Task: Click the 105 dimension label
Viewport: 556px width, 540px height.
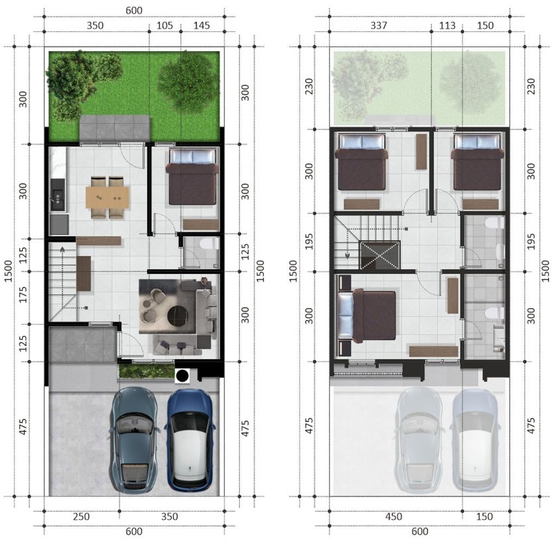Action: click(165, 25)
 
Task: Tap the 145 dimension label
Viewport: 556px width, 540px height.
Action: click(201, 25)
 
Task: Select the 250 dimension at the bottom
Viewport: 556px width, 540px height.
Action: click(81, 517)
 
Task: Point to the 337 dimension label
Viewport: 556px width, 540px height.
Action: click(378, 25)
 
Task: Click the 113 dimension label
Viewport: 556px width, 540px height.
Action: click(447, 25)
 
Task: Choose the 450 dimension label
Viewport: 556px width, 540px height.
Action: click(394, 517)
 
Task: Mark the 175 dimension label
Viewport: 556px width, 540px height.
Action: click(23, 294)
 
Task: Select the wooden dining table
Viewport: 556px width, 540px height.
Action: click(108, 197)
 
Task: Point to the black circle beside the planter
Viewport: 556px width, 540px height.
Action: click(182, 376)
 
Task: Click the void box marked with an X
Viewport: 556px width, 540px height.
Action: click(380, 255)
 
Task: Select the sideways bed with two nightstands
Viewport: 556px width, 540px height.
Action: click(364, 316)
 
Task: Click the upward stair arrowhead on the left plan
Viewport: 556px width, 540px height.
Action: click(62, 249)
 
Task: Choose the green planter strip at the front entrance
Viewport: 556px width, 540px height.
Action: click(146, 371)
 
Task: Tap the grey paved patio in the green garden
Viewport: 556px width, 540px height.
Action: click(115, 128)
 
